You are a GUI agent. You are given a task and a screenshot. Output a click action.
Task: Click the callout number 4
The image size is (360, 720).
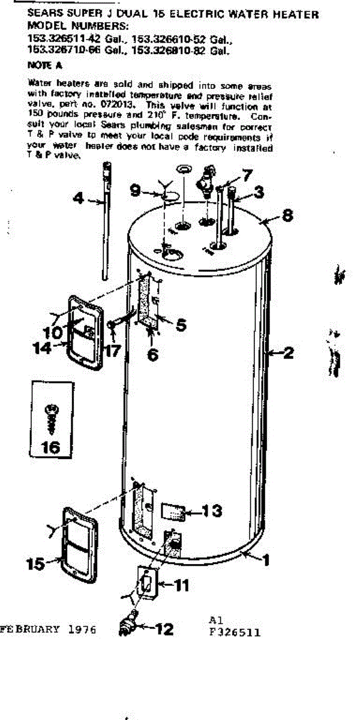[79, 197]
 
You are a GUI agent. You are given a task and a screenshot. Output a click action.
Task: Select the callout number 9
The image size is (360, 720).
[136, 191]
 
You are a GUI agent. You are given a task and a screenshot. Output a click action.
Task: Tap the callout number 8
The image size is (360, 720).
[287, 214]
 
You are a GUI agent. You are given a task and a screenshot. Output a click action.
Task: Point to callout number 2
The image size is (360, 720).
[288, 353]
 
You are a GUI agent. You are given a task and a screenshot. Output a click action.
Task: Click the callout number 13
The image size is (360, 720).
[211, 511]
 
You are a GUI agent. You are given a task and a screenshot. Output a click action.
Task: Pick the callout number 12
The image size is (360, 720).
[164, 629]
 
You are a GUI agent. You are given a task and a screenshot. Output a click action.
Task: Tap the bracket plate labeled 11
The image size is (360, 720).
[146, 583]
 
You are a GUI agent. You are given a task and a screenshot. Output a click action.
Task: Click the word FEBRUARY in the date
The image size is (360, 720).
[30, 629]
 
